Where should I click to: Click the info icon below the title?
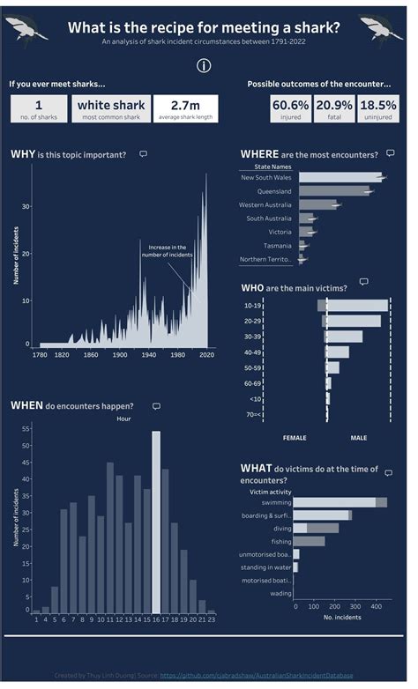tap(204, 66)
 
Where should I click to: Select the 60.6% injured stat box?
tap(290, 109)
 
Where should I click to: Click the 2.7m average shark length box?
tap(185, 109)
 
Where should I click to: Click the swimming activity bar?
tap(340, 502)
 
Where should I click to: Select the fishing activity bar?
tap(309, 541)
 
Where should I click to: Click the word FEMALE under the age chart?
tap(295, 437)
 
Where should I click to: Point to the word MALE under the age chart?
tap(359, 437)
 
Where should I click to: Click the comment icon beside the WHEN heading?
tap(156, 406)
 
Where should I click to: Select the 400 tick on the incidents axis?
tap(376, 607)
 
